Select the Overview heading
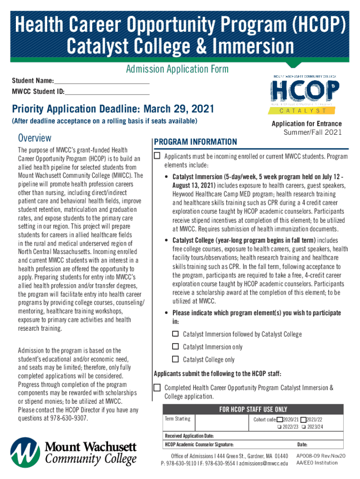(35, 138)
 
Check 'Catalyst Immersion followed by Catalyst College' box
(175, 334)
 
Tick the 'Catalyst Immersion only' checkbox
(175, 347)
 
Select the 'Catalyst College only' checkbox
(175, 359)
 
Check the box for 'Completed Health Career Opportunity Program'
(158, 387)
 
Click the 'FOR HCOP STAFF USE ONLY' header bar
(253, 409)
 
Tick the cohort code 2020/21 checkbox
(280, 419)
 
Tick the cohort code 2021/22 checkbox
(303, 419)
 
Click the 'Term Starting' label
(177, 419)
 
